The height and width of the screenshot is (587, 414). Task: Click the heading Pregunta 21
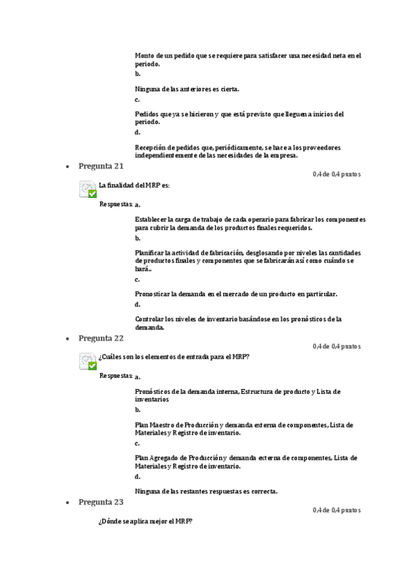point(101,166)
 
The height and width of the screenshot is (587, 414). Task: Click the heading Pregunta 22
point(101,338)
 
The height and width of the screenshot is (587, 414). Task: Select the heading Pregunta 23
point(101,502)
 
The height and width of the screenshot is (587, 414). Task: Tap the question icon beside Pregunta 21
point(88,189)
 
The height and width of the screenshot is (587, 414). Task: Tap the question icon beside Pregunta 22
point(88,361)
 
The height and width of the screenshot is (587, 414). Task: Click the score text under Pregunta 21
point(336,174)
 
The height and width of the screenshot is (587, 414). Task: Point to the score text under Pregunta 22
point(336,346)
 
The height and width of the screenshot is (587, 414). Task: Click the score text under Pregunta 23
point(336,510)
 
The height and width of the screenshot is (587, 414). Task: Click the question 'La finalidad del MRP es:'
point(134,186)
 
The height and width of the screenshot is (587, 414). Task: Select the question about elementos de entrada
point(174,357)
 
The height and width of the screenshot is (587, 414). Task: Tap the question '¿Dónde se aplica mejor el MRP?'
point(145,521)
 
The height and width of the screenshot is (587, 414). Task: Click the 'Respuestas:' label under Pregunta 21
point(116,204)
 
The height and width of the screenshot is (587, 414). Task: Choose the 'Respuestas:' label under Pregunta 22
point(116,376)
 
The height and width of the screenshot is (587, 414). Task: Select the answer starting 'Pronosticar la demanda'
point(236,294)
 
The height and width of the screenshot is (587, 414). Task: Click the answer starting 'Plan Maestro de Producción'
point(243,428)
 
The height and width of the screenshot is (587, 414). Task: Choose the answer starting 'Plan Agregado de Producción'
point(245,462)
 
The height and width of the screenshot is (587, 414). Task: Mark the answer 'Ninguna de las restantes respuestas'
point(206,491)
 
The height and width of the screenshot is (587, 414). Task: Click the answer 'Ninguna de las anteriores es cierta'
point(187,89)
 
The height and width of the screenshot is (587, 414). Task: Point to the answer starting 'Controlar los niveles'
point(238,323)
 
